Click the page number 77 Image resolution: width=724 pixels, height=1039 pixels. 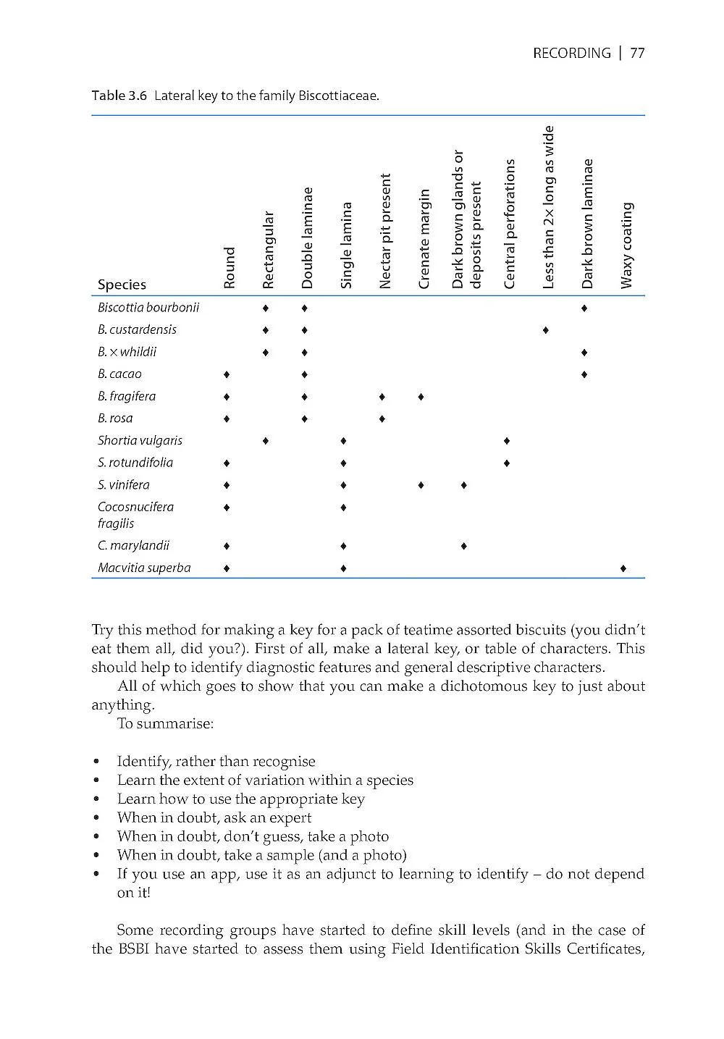coord(637,53)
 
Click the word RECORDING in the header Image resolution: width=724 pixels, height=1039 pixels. coord(571,53)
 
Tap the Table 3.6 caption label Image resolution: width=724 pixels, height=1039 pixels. coord(119,96)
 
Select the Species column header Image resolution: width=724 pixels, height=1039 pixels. coord(122,285)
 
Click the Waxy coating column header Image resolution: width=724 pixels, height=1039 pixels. coord(627,245)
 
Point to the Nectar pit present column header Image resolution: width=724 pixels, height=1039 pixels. coord(385,230)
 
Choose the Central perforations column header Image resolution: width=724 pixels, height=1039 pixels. coord(510,224)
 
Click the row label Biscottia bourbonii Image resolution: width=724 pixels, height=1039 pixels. coord(148,308)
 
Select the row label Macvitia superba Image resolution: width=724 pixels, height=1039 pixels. coord(144,568)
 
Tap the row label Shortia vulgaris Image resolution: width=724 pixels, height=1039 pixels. coord(140,441)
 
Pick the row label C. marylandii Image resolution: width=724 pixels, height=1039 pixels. coord(133,546)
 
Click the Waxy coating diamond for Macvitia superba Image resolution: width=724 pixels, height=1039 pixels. coord(623,569)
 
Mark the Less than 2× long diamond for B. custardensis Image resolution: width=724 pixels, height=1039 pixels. coord(545,330)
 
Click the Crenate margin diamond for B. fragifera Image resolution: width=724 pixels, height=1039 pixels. coord(421,397)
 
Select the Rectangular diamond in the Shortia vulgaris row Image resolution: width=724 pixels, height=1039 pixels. coord(266,441)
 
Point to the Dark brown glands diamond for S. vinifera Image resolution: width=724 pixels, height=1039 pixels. coord(463,485)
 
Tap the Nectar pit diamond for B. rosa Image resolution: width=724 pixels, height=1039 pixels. coord(382,419)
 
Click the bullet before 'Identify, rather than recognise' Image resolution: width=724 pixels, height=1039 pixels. coord(96,762)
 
